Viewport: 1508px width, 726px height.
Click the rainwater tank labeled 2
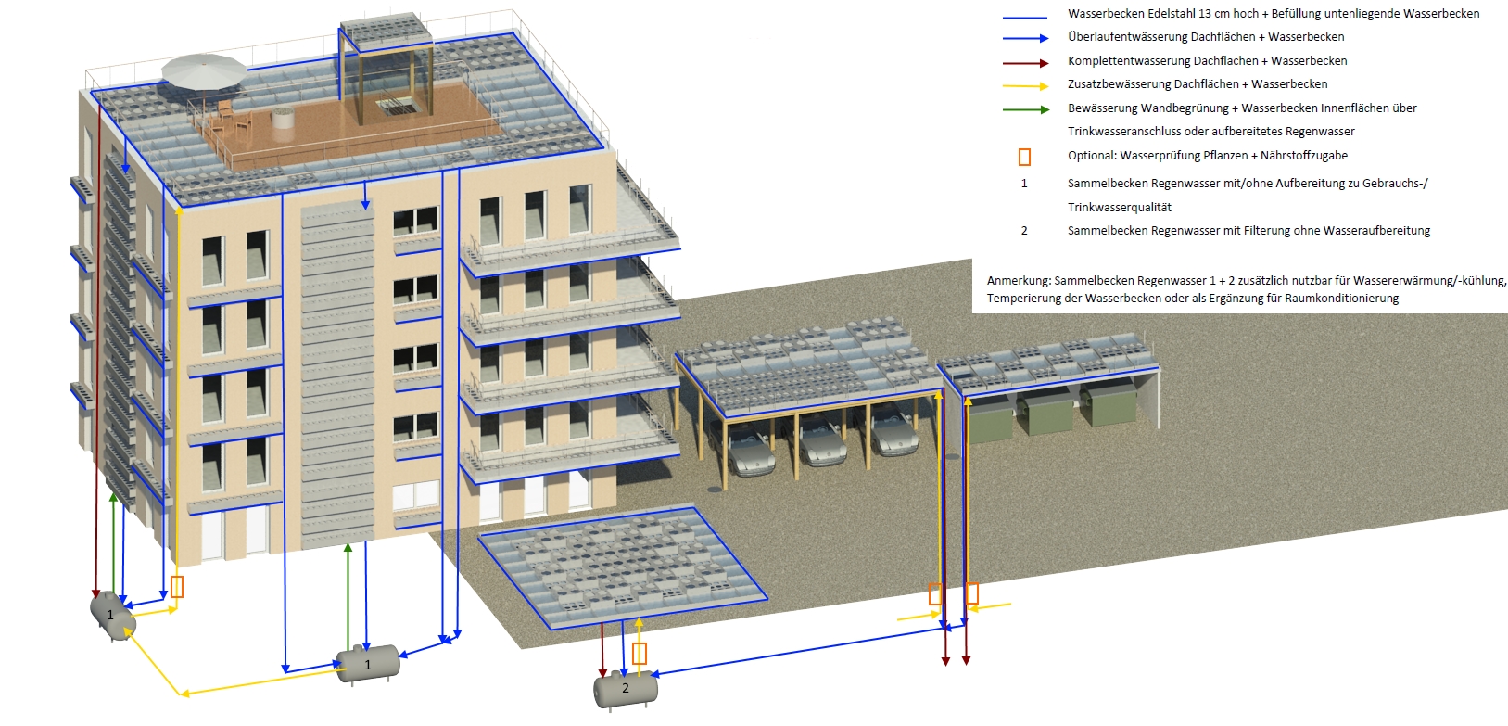point(626,689)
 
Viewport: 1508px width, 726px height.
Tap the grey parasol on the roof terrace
point(204,71)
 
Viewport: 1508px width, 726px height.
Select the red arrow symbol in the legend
point(1025,63)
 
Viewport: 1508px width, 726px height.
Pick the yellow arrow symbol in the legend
point(1025,86)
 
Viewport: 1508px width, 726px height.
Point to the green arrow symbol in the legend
point(1025,109)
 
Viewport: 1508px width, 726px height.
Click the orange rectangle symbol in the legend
point(1024,157)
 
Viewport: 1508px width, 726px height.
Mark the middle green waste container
point(1045,414)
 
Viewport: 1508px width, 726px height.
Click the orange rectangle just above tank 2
point(640,654)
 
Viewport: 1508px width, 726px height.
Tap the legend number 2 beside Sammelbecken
point(1024,231)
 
